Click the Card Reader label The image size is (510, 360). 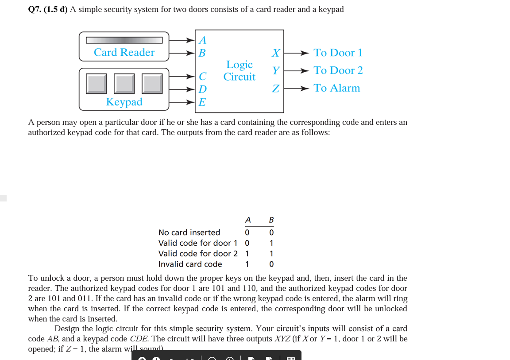coord(124,52)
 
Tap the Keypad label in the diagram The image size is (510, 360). coord(124,102)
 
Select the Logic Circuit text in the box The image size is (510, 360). coord(239,71)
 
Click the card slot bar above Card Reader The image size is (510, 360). coord(124,40)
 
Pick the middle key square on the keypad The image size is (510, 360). coord(124,84)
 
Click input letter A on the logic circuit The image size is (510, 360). coord(202,40)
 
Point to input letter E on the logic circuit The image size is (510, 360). coord(202,102)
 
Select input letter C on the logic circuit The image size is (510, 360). coord(202,76)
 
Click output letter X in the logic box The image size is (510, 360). coord(275,53)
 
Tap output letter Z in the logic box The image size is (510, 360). coord(275,89)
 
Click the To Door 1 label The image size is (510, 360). coord(338,53)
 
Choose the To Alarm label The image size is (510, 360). coord(336,88)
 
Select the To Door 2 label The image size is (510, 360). coord(338,70)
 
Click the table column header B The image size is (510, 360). coord(271,220)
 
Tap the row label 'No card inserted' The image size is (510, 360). coord(189,232)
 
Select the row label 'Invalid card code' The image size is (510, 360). coord(190,264)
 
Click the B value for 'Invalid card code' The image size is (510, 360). coord(271,264)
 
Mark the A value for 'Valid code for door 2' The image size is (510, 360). coord(247,254)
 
